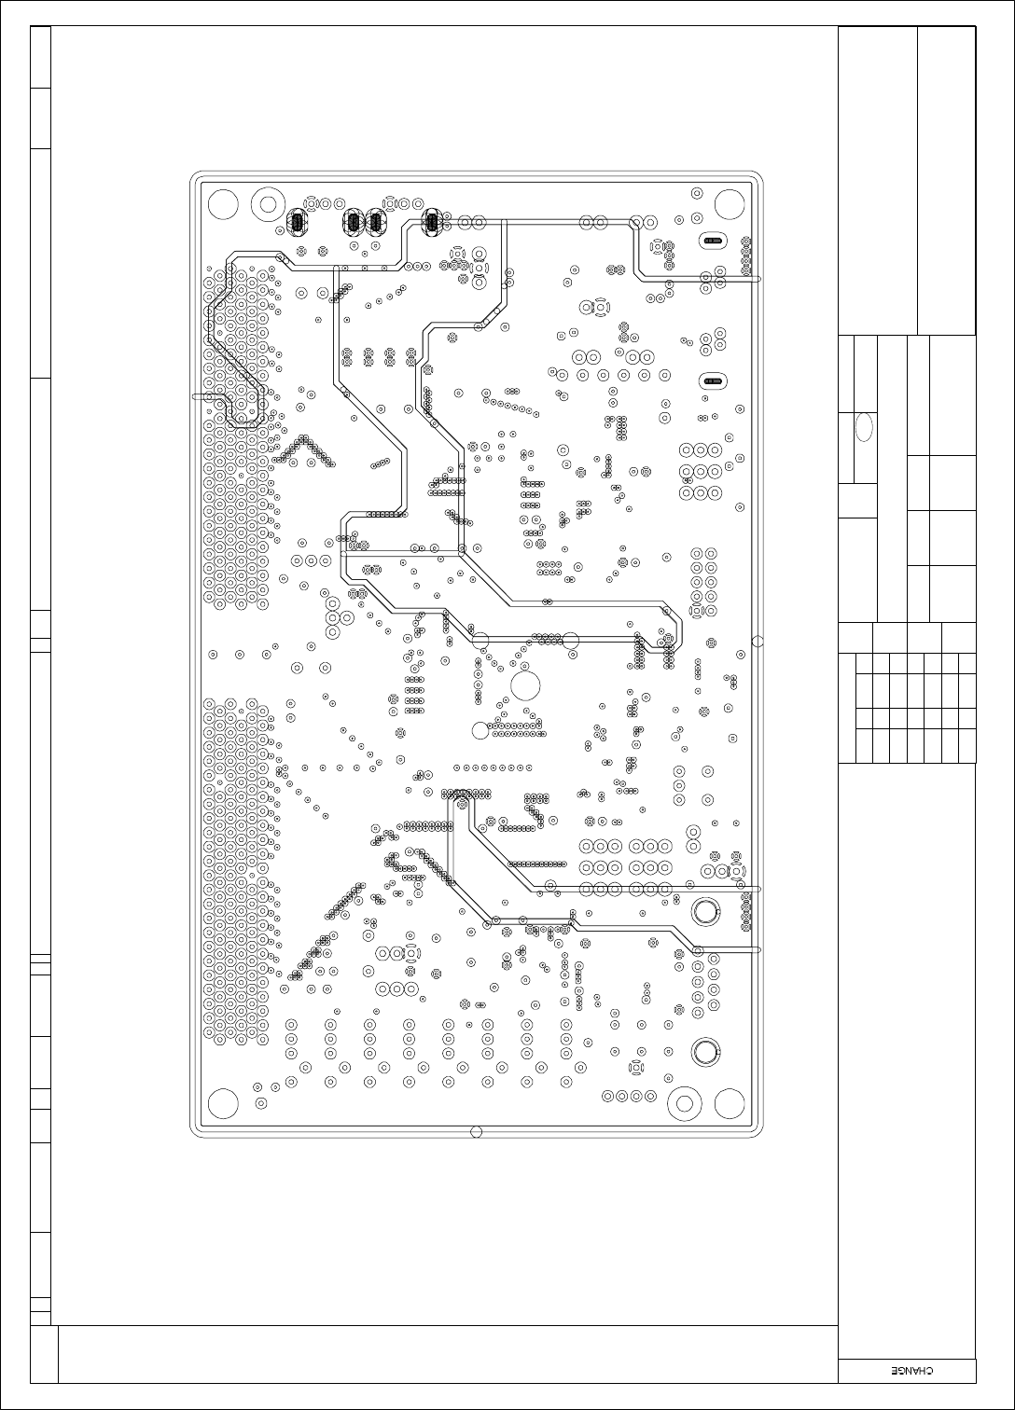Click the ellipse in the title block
point(864,427)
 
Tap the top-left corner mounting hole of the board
point(223,204)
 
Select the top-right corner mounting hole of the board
point(730,204)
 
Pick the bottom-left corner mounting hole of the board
point(223,1103)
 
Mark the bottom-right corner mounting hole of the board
point(730,1103)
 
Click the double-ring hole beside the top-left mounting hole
point(269,204)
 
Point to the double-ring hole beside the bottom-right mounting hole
point(685,1103)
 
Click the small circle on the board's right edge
point(758,641)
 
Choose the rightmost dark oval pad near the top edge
point(432,222)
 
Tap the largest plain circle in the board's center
point(525,685)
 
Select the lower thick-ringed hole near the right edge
point(706,1052)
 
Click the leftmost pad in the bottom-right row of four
point(607,1096)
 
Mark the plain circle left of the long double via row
point(480,730)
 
